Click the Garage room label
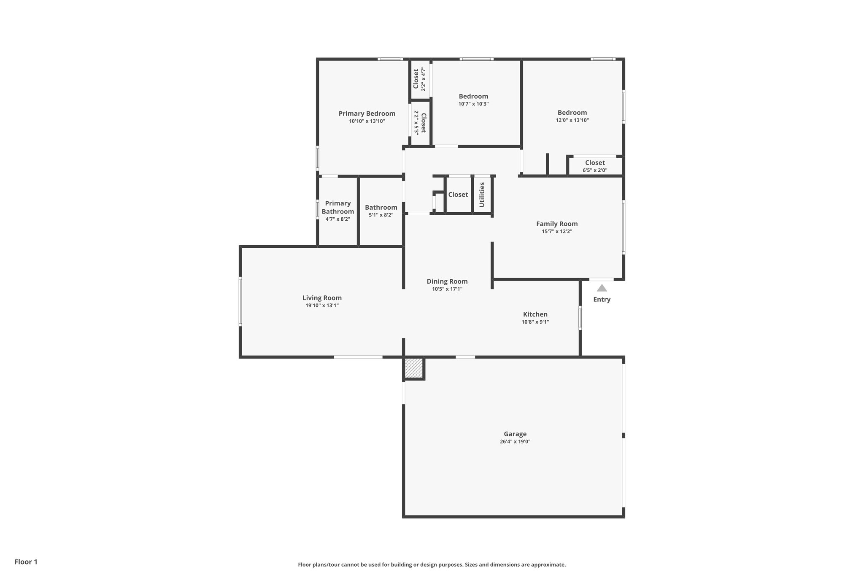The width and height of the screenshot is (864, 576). click(x=515, y=434)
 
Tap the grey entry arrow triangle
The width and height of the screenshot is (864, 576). click(x=602, y=288)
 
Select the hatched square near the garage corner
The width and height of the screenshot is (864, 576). click(x=413, y=368)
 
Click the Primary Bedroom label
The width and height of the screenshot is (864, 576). click(x=367, y=114)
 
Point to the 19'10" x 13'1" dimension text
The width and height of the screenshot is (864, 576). click(x=322, y=306)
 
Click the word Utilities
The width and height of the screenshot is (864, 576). click(x=482, y=195)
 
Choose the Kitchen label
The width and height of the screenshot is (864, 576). click(x=535, y=314)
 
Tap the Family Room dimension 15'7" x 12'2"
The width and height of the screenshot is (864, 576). click(x=556, y=232)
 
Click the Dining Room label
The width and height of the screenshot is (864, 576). click(x=447, y=281)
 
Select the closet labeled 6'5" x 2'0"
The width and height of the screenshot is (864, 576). click(x=594, y=166)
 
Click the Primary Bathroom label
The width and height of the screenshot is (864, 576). click(x=337, y=207)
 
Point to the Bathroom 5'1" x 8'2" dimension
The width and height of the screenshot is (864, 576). click(x=381, y=215)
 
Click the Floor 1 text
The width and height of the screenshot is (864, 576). click(x=26, y=562)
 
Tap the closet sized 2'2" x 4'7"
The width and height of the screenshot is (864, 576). click(x=419, y=79)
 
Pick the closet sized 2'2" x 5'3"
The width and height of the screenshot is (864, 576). click(x=420, y=123)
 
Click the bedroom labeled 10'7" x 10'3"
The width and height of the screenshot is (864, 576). click(x=473, y=100)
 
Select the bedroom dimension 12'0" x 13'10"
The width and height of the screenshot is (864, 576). click(x=572, y=120)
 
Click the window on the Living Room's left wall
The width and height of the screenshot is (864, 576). click(x=240, y=301)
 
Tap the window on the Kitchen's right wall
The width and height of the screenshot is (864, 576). click(x=580, y=318)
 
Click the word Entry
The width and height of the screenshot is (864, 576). click(x=602, y=300)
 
